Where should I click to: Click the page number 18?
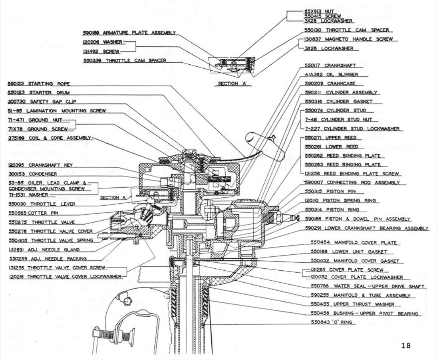click(x=406, y=345)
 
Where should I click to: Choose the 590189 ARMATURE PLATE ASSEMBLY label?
click(x=129, y=33)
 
